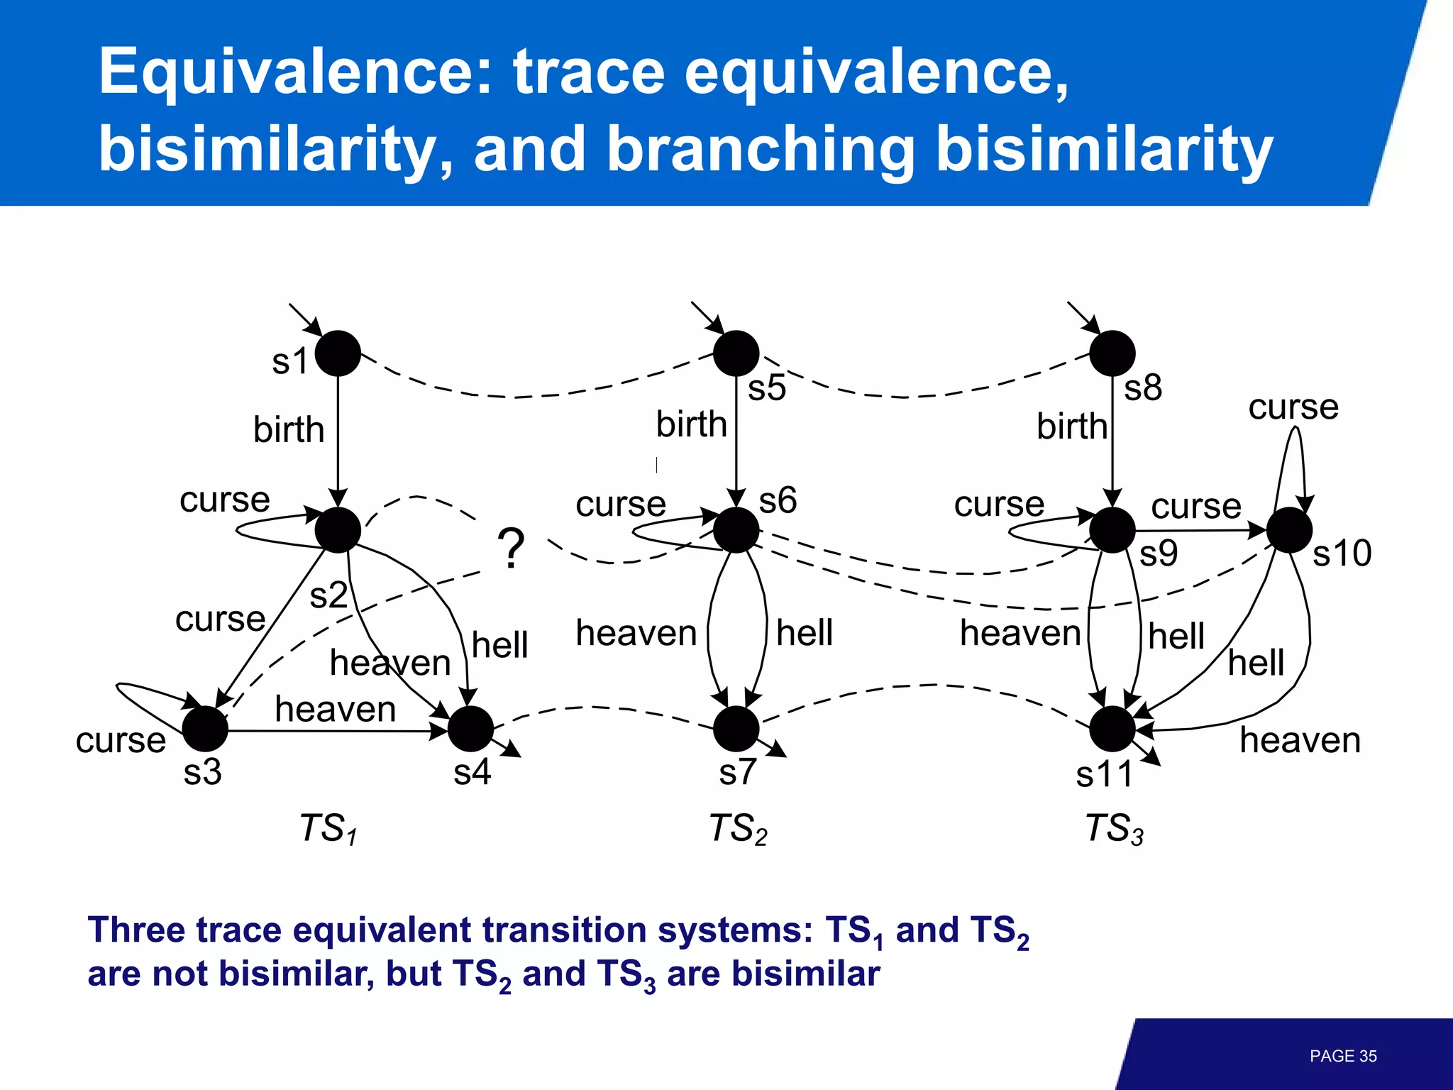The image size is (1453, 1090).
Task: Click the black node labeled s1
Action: pyautogui.click(x=338, y=353)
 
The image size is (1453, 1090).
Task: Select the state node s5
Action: pyautogui.click(x=736, y=353)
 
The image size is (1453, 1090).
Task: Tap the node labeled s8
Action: pyautogui.click(x=1112, y=353)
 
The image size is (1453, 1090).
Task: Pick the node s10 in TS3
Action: pyautogui.click(x=1288, y=530)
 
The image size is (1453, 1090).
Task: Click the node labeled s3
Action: pyautogui.click(x=205, y=729)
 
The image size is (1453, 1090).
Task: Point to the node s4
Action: pyautogui.click(x=470, y=729)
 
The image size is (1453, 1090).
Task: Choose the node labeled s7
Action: pyautogui.click(x=736, y=729)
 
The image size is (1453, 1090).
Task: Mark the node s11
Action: pyautogui.click(x=1112, y=729)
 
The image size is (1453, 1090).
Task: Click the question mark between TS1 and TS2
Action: pyautogui.click(x=511, y=549)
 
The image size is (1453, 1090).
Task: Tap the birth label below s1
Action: pyautogui.click(x=289, y=430)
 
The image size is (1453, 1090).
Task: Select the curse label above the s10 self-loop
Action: pyautogui.click(x=1293, y=407)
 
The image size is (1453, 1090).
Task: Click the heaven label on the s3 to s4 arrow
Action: pyautogui.click(x=335, y=709)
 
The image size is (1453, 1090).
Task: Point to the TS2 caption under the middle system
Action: pyautogui.click(x=738, y=829)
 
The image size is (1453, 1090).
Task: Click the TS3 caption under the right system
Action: pyautogui.click(x=1115, y=829)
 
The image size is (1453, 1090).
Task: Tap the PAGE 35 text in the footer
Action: pyautogui.click(x=1342, y=1056)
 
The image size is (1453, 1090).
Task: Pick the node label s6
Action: pyautogui.click(x=778, y=501)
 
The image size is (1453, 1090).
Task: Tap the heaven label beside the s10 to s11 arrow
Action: pyautogui.click(x=1300, y=740)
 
